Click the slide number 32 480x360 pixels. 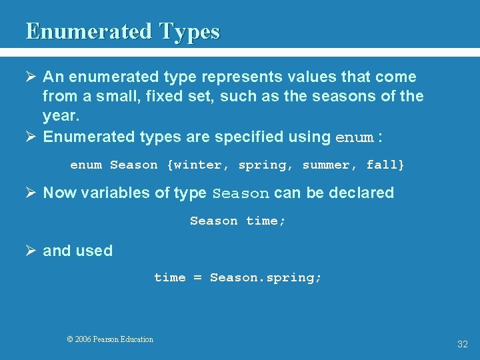[462, 344]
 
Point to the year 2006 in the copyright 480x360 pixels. [83, 339]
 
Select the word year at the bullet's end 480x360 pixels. [60, 116]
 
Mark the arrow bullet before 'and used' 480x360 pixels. [31, 251]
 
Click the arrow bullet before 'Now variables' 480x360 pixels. [31, 193]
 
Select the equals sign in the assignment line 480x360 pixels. [197, 277]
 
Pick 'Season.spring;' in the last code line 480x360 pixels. [265, 277]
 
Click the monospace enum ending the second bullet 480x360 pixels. [354, 138]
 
